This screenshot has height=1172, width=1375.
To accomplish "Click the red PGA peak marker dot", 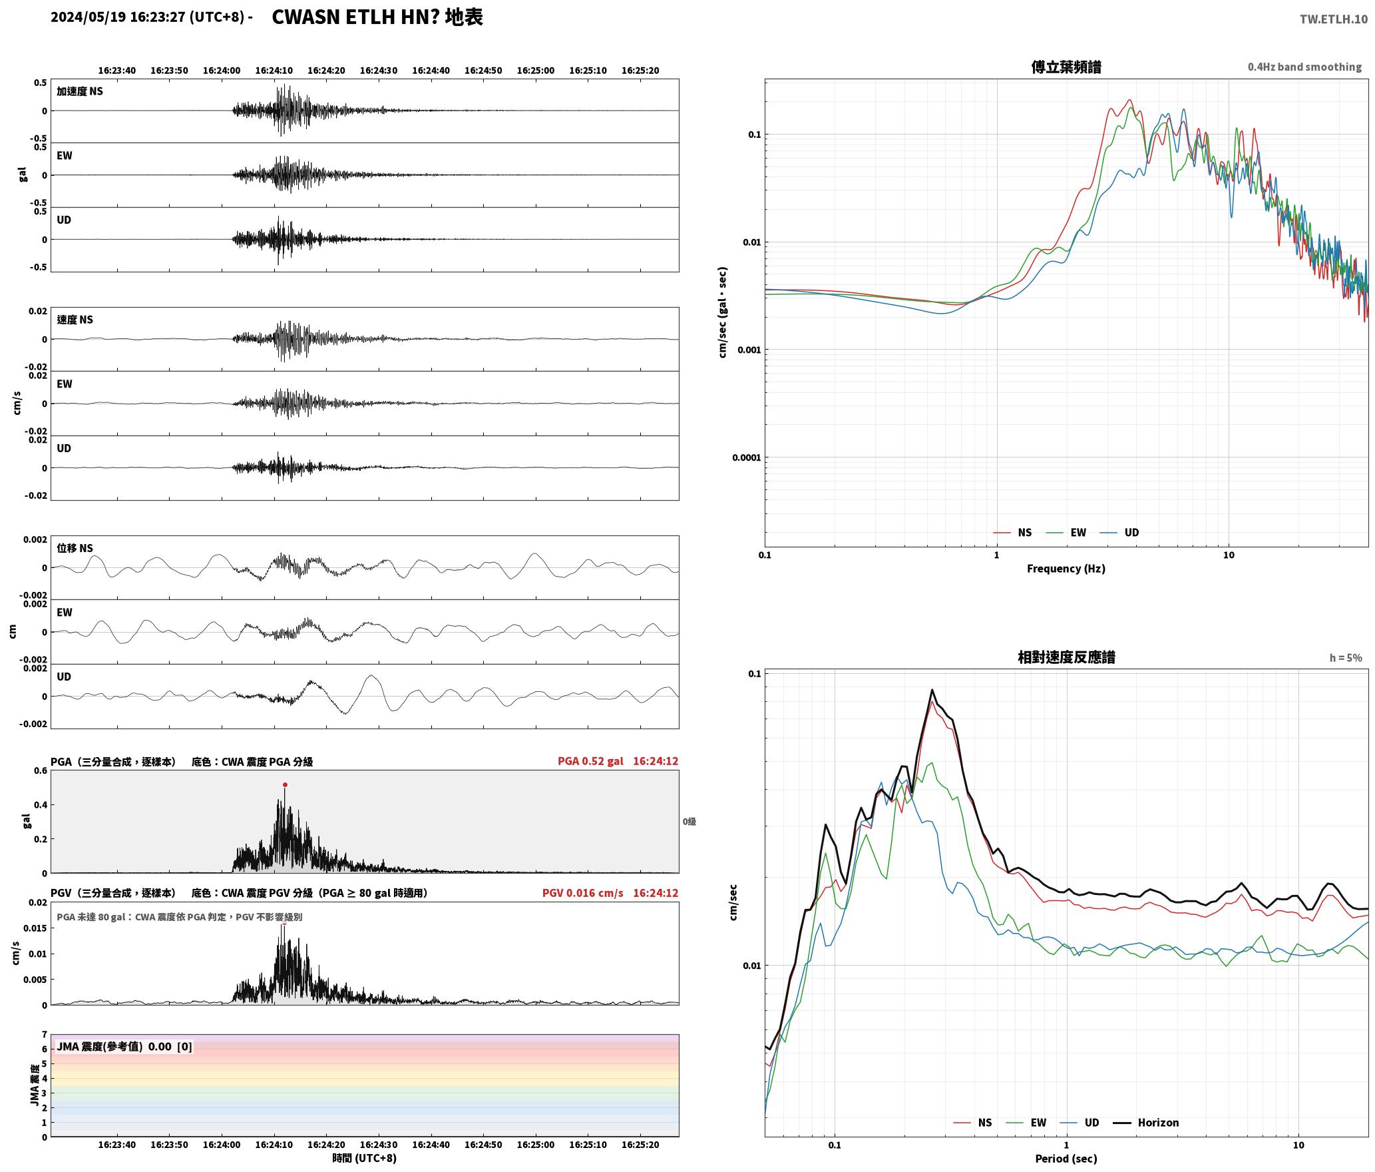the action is click(x=285, y=784).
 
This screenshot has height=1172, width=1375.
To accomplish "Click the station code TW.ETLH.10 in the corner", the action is click(x=1333, y=19).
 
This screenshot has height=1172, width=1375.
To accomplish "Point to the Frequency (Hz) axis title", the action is click(x=1066, y=568).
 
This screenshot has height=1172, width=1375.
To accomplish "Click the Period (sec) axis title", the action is click(x=1066, y=1158).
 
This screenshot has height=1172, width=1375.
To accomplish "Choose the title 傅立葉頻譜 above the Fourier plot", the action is click(x=1066, y=67).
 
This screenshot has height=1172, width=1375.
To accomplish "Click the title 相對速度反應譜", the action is click(x=1066, y=657).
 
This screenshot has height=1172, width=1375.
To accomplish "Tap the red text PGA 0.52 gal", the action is click(x=590, y=761).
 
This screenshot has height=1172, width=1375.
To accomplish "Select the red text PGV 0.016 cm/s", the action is click(x=583, y=893).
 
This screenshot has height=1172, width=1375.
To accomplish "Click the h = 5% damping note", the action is click(x=1346, y=658).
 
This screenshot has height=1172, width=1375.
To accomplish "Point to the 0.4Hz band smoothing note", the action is click(x=1304, y=67).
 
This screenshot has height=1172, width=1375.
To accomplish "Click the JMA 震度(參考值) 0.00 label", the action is click(x=114, y=1046).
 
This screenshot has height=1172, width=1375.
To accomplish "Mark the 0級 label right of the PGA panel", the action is click(x=689, y=822).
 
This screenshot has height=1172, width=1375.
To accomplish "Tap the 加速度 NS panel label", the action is click(x=80, y=91).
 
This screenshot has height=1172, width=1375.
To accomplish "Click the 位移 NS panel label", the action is click(x=75, y=548).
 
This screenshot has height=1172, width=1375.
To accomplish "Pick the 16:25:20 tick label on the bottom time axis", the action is click(x=640, y=1145).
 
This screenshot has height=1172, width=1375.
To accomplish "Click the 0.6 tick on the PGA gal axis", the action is click(x=41, y=770).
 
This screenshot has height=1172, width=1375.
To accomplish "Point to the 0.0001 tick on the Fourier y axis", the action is click(x=746, y=457).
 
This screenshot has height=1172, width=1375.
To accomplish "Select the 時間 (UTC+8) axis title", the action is click(x=365, y=1158).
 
